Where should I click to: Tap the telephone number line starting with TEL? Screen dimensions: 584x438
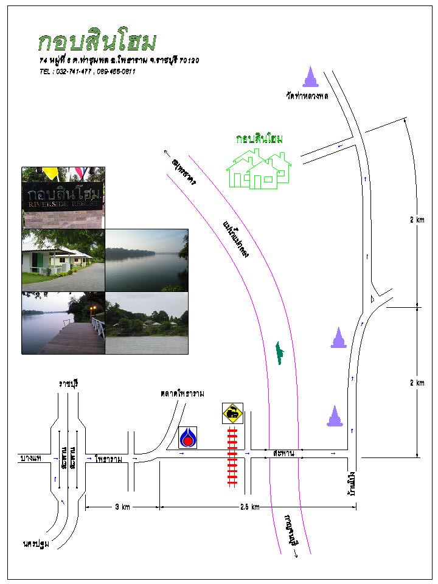87,71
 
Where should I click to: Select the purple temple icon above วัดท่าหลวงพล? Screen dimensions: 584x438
310,77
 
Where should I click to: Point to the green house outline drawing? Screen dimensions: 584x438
259,170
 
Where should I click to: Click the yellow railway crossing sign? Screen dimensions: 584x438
232,413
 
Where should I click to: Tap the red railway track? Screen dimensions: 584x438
232,456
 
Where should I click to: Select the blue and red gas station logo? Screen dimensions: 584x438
187,436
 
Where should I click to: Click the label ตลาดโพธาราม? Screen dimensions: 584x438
182,394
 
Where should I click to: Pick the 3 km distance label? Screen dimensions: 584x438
122,507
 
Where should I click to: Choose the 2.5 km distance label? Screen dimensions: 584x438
249,507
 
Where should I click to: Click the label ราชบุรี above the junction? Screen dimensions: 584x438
69,383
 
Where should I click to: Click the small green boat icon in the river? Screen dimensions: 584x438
279,353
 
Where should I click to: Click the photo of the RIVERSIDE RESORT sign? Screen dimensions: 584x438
63,197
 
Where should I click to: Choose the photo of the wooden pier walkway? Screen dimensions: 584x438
63,322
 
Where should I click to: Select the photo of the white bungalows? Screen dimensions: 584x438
63,260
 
